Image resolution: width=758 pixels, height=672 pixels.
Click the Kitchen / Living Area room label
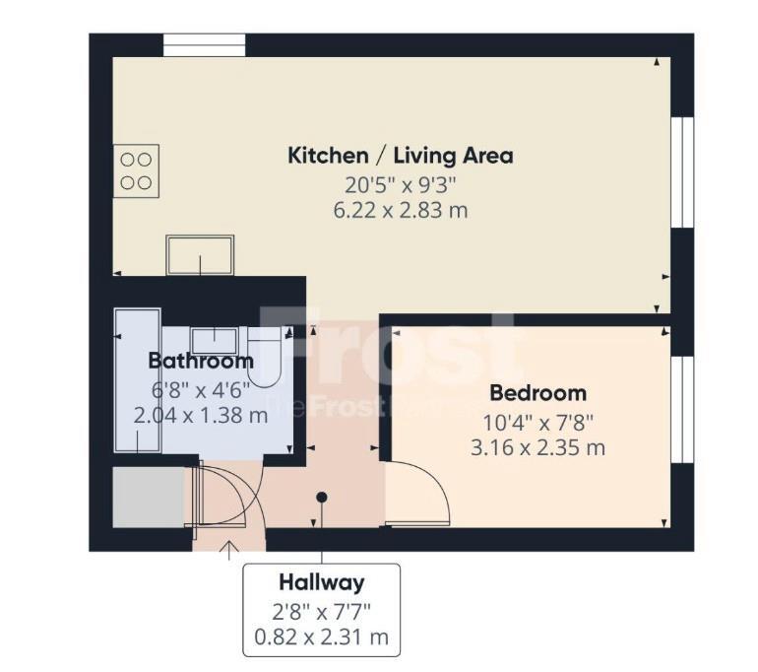click(x=401, y=156)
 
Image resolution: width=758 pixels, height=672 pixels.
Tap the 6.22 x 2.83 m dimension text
click(x=401, y=211)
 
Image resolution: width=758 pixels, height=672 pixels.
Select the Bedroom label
click(x=538, y=393)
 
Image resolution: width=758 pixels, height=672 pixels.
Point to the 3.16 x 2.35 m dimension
click(x=538, y=447)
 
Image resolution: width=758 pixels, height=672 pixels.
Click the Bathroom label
click(x=201, y=361)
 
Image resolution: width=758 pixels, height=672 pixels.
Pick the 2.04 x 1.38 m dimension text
click(x=201, y=416)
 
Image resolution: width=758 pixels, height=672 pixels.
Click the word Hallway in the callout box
click(x=322, y=582)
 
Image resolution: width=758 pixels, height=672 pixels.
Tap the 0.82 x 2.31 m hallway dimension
click(x=322, y=638)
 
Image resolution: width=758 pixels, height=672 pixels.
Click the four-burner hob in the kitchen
click(x=136, y=170)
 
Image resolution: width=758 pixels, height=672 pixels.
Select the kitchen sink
click(x=200, y=255)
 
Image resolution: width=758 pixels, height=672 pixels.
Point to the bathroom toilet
click(x=265, y=357)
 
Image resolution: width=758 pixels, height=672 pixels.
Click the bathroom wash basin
click(x=215, y=341)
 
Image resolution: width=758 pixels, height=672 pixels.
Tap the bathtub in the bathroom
click(x=138, y=380)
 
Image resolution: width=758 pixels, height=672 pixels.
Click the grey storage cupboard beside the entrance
click(x=149, y=498)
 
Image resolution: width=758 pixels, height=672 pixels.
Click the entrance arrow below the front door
click(x=228, y=551)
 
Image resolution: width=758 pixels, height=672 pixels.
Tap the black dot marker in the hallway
click(x=322, y=497)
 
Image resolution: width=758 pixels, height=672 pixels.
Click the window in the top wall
click(x=204, y=45)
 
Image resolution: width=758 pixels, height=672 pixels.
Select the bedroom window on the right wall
click(x=682, y=410)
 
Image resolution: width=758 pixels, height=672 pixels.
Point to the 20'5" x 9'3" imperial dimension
click(x=401, y=185)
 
